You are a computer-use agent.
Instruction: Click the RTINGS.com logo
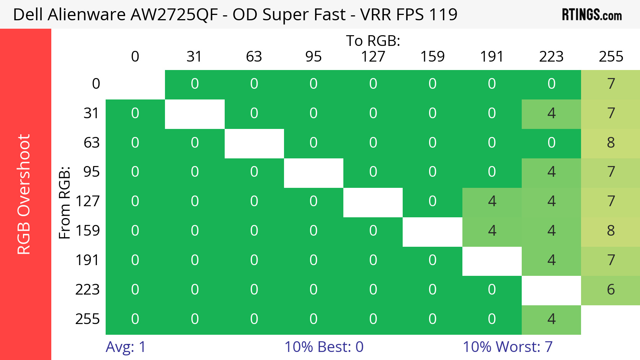pyautogui.click(x=591, y=15)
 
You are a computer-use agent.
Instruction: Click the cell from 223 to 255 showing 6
pyautogui.click(x=611, y=290)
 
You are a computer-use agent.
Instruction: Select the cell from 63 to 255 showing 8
pyautogui.click(x=611, y=143)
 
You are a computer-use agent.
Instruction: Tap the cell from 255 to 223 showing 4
pyautogui.click(x=551, y=319)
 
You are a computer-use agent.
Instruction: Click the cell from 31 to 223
pyautogui.click(x=551, y=114)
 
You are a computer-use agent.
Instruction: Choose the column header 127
pyautogui.click(x=373, y=57)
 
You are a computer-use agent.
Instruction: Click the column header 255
pyautogui.click(x=611, y=57)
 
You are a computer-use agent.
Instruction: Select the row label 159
pyautogui.click(x=88, y=231)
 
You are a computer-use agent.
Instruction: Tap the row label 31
pyautogui.click(x=91, y=113)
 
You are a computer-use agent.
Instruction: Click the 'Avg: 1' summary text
pyautogui.click(x=126, y=347)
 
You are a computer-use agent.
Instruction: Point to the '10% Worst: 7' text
pyautogui.click(x=508, y=347)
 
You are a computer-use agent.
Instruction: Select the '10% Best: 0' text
pyautogui.click(x=324, y=347)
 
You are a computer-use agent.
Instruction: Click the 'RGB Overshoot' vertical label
pyautogui.click(x=24, y=194)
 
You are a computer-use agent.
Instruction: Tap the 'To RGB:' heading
pyautogui.click(x=373, y=41)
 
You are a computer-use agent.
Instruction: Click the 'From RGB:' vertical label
pyautogui.click(x=65, y=202)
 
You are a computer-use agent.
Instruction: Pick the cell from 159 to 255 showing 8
pyautogui.click(x=611, y=231)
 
